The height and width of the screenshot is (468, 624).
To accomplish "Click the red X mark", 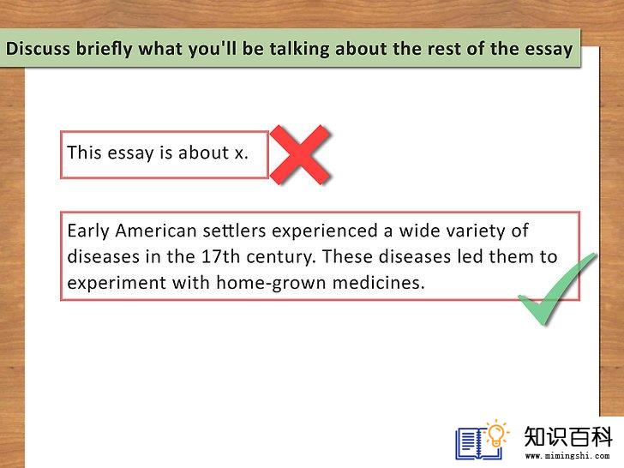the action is pyautogui.click(x=300, y=155).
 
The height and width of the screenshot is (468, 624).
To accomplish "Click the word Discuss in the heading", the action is pyautogui.click(x=38, y=49).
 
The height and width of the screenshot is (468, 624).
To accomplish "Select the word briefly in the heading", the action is pyautogui.click(x=105, y=50).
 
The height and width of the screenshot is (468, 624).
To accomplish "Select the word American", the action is pyautogui.click(x=156, y=231).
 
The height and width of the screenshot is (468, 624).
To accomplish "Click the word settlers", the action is pyautogui.click(x=234, y=231).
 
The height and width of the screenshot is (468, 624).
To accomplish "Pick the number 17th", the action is pyautogui.click(x=220, y=256).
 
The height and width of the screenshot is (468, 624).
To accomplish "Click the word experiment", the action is pyautogui.click(x=117, y=284).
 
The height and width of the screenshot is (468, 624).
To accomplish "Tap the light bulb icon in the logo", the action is pyautogui.click(x=496, y=434).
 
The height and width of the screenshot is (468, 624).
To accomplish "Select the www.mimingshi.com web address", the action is pyautogui.click(x=567, y=456).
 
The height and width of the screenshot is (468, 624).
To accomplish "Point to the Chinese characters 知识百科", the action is pyautogui.click(x=568, y=437).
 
